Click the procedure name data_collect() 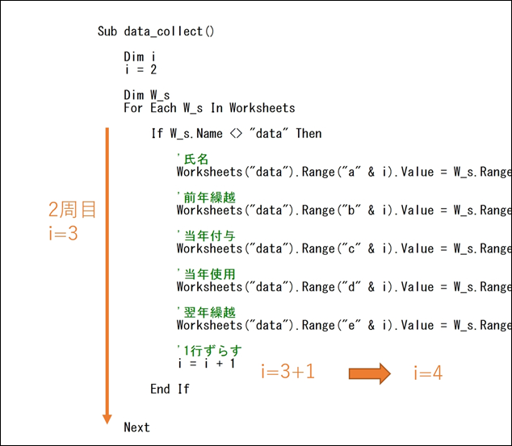[x=169, y=31]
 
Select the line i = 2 [x=141, y=69]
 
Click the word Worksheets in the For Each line [x=262, y=108]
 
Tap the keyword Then [x=308, y=133]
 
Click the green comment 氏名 [x=193, y=159]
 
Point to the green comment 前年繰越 [x=207, y=198]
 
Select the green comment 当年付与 [x=207, y=236]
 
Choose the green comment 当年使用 [x=207, y=274]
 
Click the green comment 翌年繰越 [x=207, y=312]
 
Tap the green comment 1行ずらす [x=210, y=351]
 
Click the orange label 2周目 [x=72, y=210]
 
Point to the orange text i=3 [x=63, y=233]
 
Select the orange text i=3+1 [x=288, y=371]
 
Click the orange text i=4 [x=428, y=373]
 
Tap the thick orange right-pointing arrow [x=370, y=373]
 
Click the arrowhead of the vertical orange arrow [x=107, y=419]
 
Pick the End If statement [x=170, y=389]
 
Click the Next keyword [x=136, y=427]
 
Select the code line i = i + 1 [x=207, y=363]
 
